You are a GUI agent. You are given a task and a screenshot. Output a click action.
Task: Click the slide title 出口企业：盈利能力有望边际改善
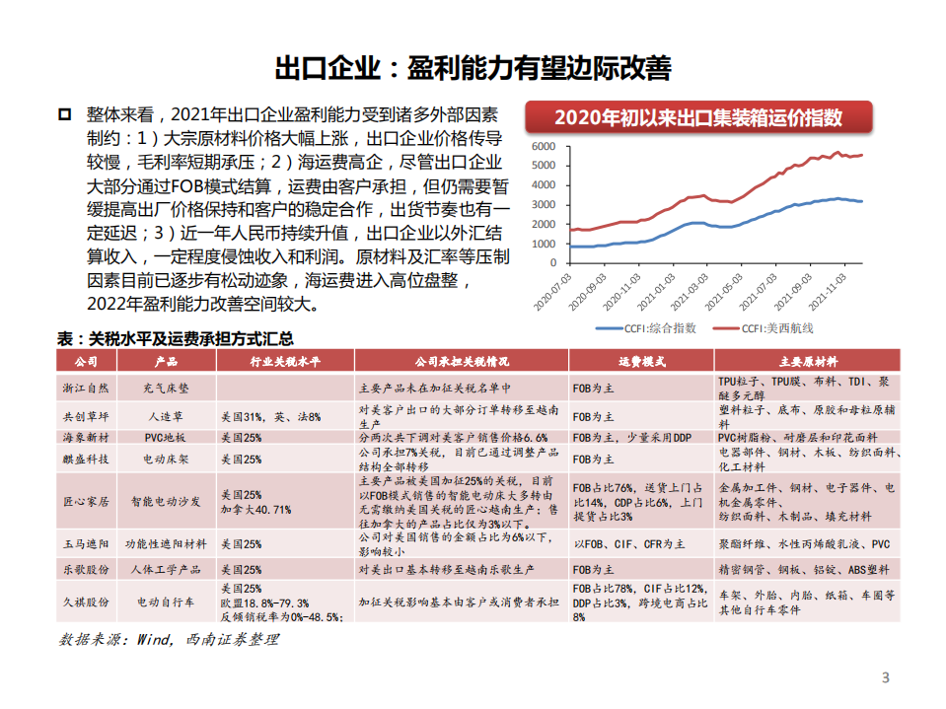pos(473,68)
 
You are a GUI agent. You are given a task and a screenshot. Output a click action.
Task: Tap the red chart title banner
pos(697,118)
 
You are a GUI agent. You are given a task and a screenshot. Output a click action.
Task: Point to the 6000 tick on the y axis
pos(544,146)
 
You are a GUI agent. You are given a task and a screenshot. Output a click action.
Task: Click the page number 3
pos(885,677)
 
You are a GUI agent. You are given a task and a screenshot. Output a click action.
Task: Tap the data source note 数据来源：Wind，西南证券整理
pos(169,639)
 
